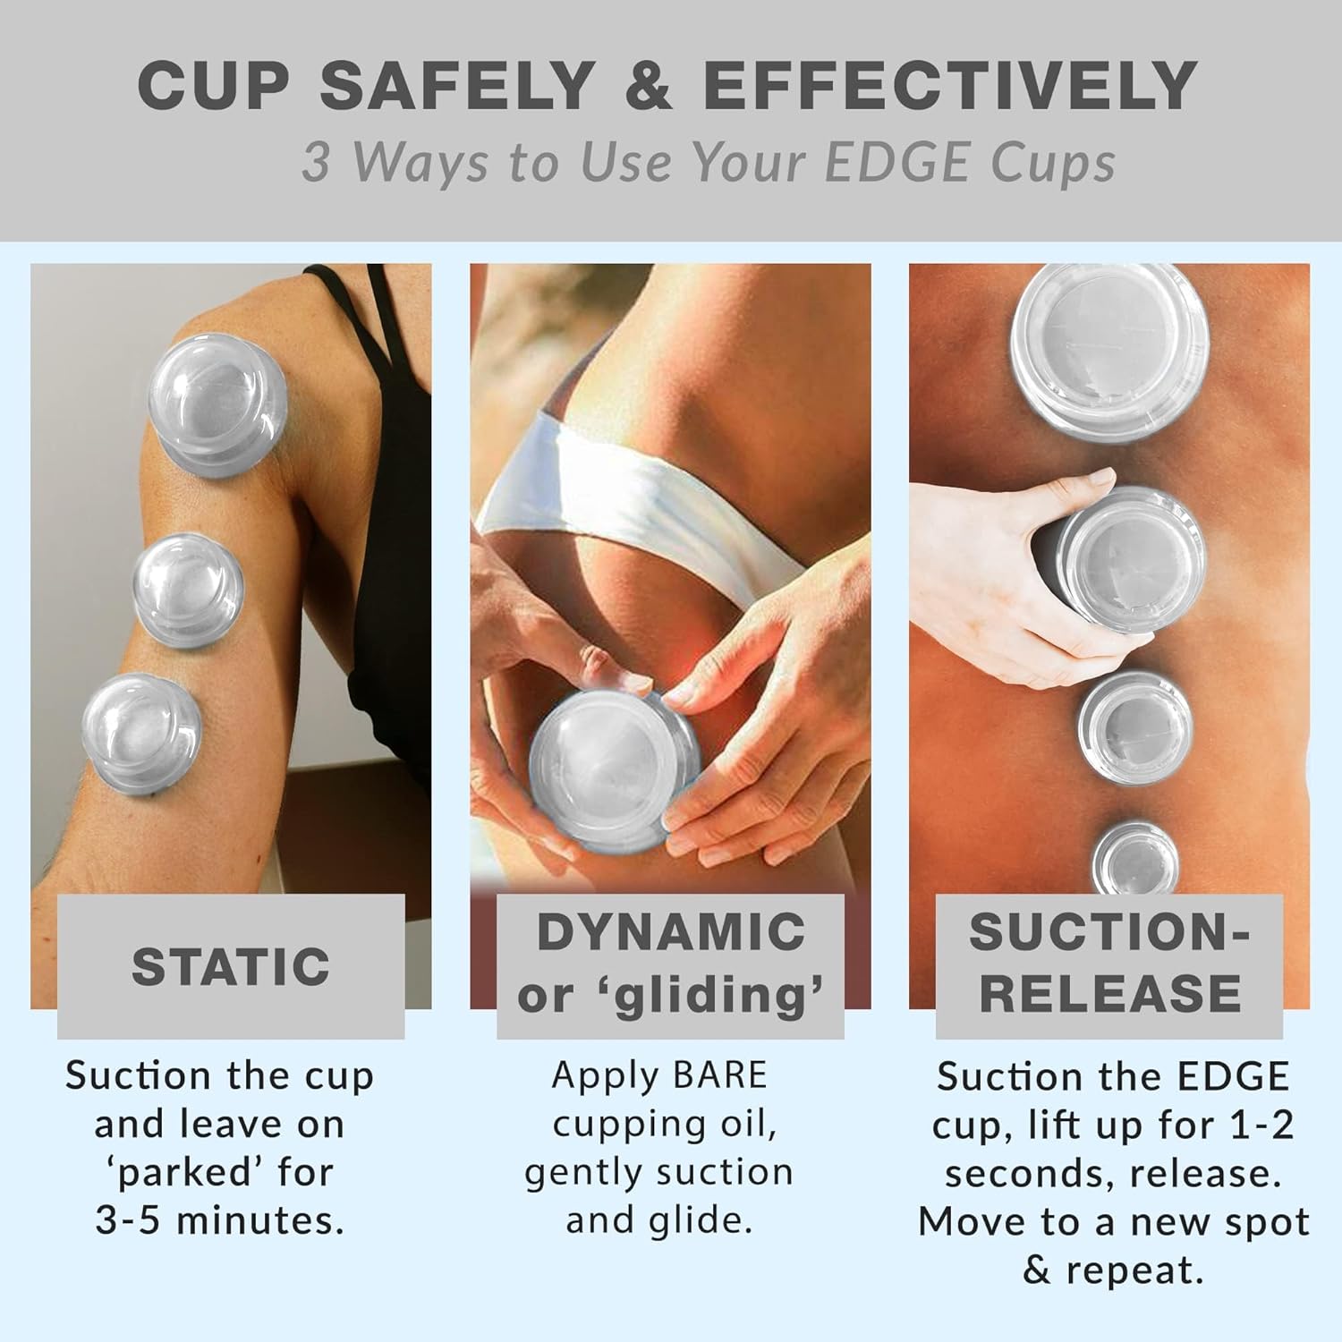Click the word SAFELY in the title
click(457, 86)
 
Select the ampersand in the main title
click(648, 86)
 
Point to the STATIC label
click(231, 967)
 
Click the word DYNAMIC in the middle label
click(671, 932)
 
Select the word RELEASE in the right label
click(1109, 995)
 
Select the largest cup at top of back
click(1109, 343)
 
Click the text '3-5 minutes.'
click(220, 1220)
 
